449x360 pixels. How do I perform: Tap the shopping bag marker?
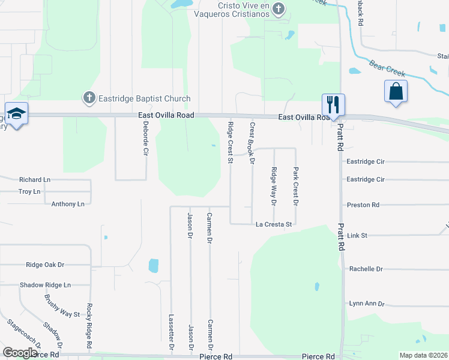click(x=396, y=92)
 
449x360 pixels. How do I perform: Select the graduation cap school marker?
click(x=16, y=113)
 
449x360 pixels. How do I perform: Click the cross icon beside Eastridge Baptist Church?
click(x=88, y=97)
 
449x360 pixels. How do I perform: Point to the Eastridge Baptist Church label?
click(x=145, y=98)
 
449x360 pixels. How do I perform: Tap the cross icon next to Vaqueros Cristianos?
click(x=277, y=9)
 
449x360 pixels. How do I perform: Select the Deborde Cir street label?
click(x=145, y=139)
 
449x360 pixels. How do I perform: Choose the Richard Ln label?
click(x=35, y=179)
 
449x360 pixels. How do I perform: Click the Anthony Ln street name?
click(x=68, y=204)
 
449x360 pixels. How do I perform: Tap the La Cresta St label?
click(x=273, y=224)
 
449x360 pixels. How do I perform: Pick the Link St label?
click(x=357, y=236)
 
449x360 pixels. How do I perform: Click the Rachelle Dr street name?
click(x=366, y=269)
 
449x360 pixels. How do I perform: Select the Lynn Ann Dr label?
click(x=367, y=304)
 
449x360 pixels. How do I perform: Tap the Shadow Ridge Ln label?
click(x=45, y=285)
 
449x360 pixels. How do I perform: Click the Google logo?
click(x=19, y=352)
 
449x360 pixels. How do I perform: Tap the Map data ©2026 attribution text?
click(x=423, y=355)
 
